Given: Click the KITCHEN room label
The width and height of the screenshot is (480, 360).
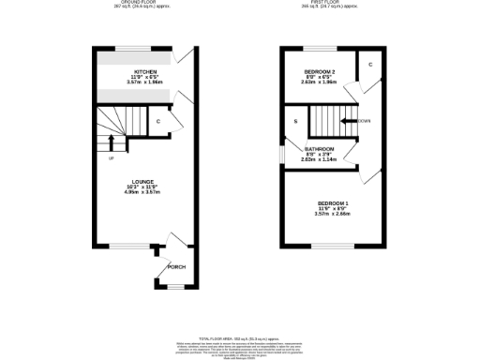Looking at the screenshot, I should click(144, 71).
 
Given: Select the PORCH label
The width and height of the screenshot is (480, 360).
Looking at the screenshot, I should click(175, 267).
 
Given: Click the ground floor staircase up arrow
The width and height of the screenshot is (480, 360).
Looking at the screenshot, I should click(113, 142).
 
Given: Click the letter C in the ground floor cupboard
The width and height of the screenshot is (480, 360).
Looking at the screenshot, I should click(157, 122).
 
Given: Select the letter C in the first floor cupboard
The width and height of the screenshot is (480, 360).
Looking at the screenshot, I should click(370, 65).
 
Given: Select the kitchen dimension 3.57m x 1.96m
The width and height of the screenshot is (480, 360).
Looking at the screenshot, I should click(144, 82).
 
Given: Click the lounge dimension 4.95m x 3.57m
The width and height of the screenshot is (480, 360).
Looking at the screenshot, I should click(143, 193).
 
